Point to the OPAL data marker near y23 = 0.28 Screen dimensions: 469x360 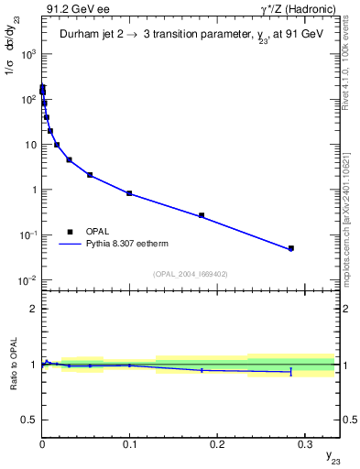pyautogui.click(x=291, y=248)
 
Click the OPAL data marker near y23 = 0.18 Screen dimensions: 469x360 pyautogui.click(x=202, y=215)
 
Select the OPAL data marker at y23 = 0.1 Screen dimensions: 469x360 pyautogui.click(x=129, y=193)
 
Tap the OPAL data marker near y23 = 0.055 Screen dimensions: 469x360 pyautogui.click(x=90, y=174)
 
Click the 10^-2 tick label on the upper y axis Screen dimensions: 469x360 pyautogui.click(x=25, y=280)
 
